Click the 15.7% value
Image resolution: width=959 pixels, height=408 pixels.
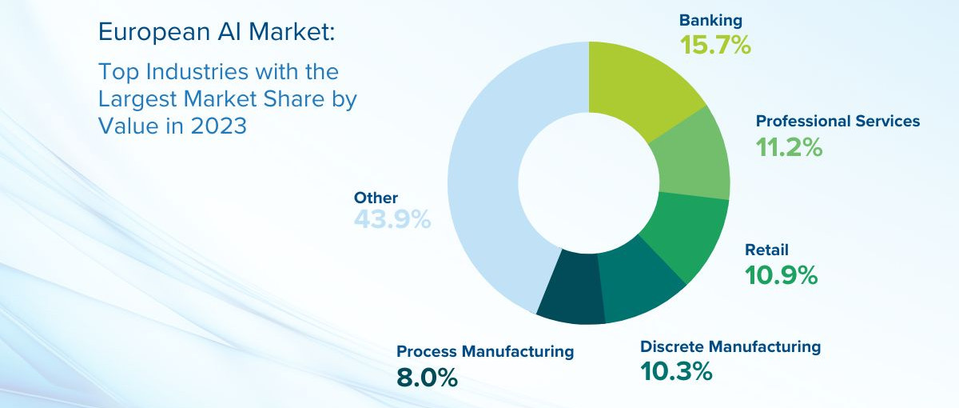(715, 45)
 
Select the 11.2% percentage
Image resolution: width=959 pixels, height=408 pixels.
(789, 147)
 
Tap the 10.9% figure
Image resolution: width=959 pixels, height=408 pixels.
(782, 274)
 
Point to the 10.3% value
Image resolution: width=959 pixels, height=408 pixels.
(676, 371)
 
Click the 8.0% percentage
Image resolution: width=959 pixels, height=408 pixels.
(427, 378)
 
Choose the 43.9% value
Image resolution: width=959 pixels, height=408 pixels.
(392, 219)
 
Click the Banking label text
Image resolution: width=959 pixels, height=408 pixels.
(710, 21)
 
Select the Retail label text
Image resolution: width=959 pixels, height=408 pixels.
(766, 250)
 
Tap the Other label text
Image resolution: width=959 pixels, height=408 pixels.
(376, 198)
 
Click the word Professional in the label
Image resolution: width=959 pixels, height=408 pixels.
(803, 122)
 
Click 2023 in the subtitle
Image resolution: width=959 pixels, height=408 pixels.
(218, 126)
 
